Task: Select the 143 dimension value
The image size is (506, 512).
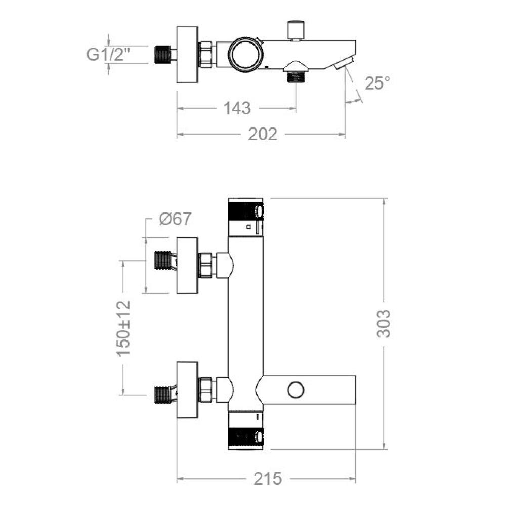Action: pyautogui.click(x=237, y=108)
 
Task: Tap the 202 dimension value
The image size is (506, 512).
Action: pyautogui.click(x=263, y=134)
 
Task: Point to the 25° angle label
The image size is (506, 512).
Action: pyautogui.click(x=377, y=83)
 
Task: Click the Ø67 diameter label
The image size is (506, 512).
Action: pyautogui.click(x=175, y=219)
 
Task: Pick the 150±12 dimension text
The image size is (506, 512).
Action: pyautogui.click(x=124, y=327)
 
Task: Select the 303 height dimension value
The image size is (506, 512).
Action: pyautogui.click(x=384, y=323)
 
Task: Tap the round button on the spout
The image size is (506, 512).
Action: pyautogui.click(x=295, y=390)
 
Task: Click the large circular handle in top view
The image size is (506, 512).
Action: pyautogui.click(x=246, y=55)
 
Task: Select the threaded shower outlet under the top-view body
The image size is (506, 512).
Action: pyautogui.click(x=295, y=77)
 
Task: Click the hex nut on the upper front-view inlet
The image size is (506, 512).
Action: pyautogui.click(x=206, y=265)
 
